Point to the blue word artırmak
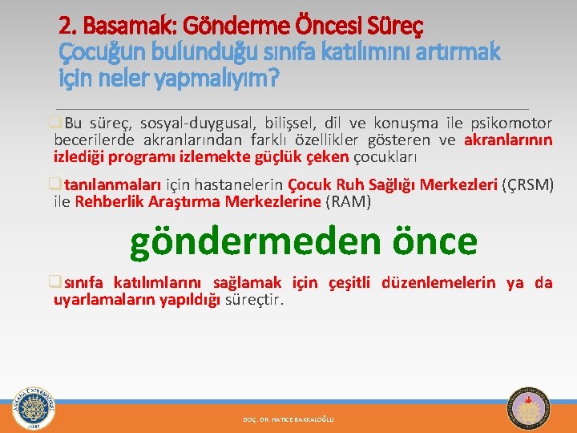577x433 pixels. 458,51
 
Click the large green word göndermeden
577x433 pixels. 255,243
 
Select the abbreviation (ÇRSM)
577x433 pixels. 527,184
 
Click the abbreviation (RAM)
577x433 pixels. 348,202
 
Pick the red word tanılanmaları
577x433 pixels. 113,184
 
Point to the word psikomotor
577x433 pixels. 512,123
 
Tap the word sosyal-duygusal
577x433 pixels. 198,123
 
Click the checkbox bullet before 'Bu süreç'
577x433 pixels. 54,122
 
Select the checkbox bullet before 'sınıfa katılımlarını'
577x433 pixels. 54,281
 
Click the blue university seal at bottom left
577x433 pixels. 34,408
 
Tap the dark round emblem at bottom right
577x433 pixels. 528,408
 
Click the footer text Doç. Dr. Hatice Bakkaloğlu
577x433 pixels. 288,419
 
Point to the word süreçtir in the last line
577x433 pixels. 254,300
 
